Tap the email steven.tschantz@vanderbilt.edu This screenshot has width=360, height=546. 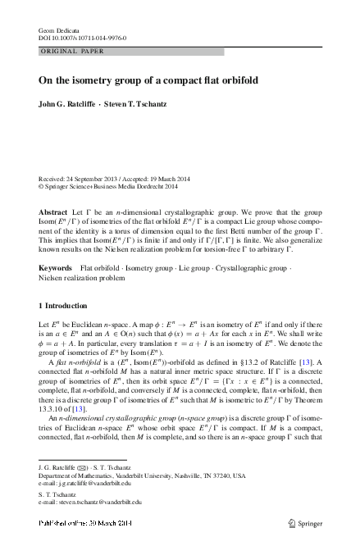(x=90, y=506)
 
